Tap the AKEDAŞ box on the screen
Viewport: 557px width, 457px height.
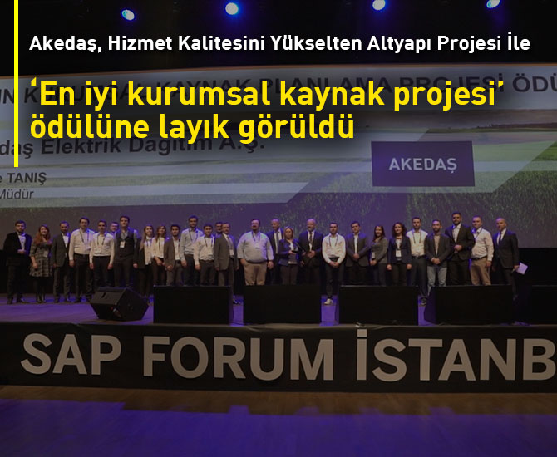[x=422, y=164]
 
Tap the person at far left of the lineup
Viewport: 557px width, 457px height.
[x=16, y=262]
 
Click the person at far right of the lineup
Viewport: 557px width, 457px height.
[x=505, y=254]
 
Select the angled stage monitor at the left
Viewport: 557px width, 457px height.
[x=117, y=303]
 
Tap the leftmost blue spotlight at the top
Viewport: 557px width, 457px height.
[x=127, y=14]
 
